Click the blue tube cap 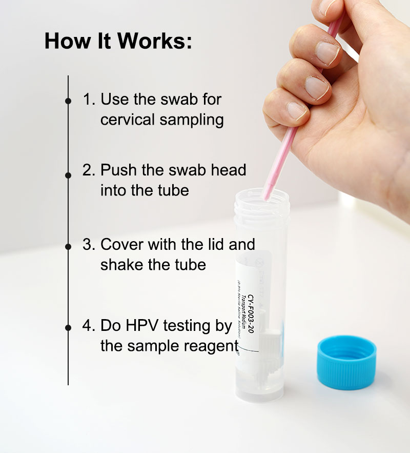coord(346,362)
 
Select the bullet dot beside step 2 coord(68,175)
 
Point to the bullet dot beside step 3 coord(68,247)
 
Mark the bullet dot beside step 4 coord(68,327)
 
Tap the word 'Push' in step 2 coord(117,170)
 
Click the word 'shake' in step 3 coord(121,265)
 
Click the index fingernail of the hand coord(327,52)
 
